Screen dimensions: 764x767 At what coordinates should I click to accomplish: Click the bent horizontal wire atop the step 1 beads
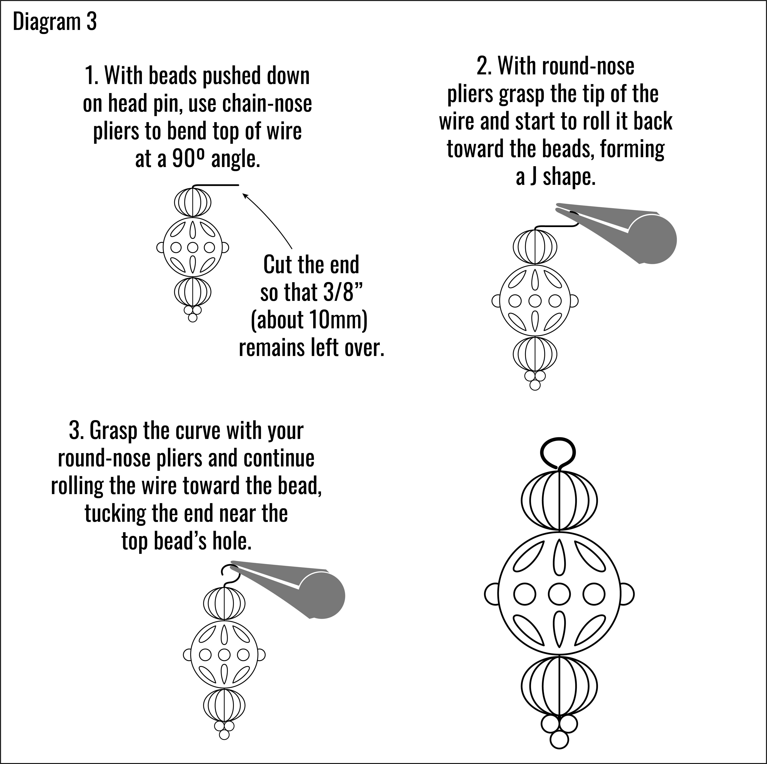(x=216, y=185)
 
